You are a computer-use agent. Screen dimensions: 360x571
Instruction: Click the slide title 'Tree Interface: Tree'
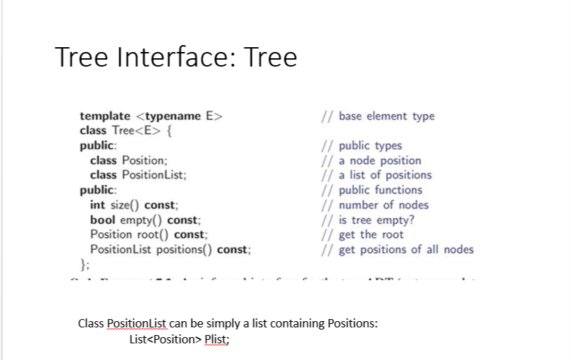176,57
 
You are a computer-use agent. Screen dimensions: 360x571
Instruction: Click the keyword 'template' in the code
105,116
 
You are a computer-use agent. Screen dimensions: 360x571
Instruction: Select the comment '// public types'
360,146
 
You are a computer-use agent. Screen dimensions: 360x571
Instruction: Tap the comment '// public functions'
370,189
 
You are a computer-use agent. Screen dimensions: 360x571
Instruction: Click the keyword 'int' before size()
97,205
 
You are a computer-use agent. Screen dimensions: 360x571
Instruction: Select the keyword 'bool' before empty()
103,220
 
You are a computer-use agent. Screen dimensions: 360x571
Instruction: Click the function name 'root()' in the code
153,234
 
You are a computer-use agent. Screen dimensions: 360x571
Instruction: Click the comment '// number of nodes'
374,205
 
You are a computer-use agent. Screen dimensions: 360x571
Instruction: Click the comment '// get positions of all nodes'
396,249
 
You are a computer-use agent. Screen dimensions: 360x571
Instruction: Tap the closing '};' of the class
85,264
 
